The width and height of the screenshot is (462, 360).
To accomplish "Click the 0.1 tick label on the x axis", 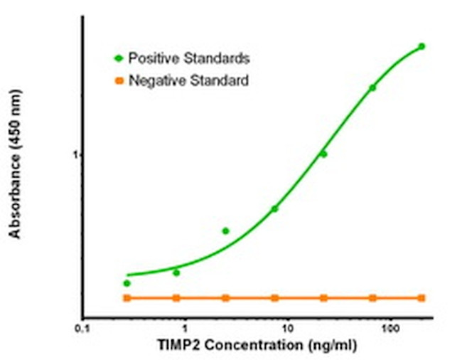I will [x=83, y=330].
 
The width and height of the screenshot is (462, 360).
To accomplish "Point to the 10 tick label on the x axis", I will [x=287, y=330].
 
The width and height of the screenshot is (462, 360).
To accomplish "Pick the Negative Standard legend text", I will [x=188, y=81].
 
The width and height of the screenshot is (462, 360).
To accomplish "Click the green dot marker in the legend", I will [x=119, y=57].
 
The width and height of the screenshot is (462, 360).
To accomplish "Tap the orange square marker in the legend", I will [x=119, y=81].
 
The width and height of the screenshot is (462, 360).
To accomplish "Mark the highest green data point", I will [x=421, y=47].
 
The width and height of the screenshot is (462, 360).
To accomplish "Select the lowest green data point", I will [x=127, y=283].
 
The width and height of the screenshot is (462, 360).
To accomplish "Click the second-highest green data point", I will [x=372, y=88].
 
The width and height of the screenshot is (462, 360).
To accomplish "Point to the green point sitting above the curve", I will [x=225, y=231].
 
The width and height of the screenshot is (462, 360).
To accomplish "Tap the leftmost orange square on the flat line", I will [x=127, y=297].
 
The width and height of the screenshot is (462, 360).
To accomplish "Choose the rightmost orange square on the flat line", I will [x=421, y=297].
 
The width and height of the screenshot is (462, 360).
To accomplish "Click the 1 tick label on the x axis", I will [x=185, y=330].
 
